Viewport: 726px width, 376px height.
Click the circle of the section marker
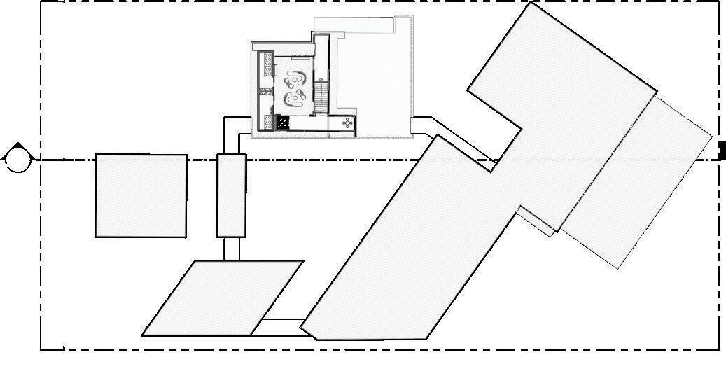[17, 160]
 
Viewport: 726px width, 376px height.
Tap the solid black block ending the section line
[722, 151]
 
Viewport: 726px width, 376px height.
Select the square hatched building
[141, 195]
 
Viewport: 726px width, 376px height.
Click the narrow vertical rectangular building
[231, 195]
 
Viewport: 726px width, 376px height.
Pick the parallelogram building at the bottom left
[223, 298]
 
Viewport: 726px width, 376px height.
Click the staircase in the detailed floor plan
[321, 97]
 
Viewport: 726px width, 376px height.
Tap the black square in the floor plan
[283, 123]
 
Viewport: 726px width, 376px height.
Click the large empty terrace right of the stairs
[371, 77]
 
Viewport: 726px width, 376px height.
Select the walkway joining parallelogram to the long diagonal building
[281, 326]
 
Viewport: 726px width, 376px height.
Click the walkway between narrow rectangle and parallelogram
[232, 249]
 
